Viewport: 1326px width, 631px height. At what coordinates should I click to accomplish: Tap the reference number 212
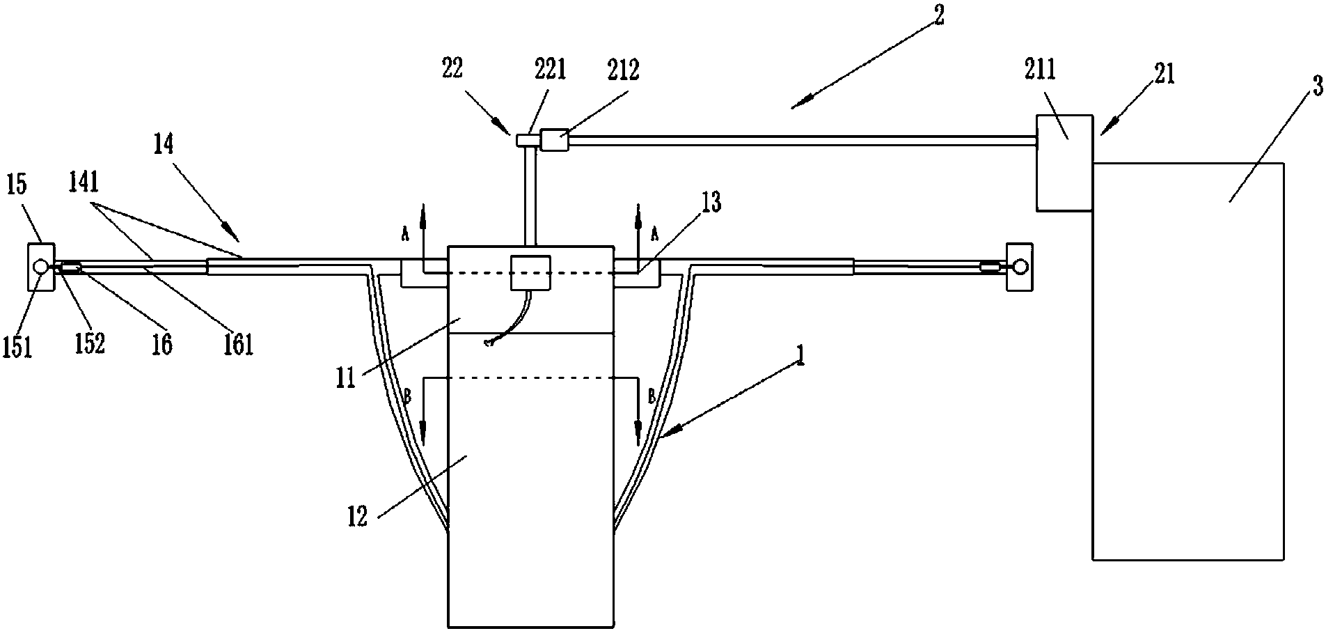(623, 70)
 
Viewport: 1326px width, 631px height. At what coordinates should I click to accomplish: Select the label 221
(550, 69)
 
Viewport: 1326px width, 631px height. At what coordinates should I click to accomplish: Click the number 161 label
(237, 344)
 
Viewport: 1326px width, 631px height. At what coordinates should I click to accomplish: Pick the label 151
(18, 346)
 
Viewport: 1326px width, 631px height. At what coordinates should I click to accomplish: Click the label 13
(711, 203)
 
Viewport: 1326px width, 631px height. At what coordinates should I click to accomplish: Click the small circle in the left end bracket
(40, 267)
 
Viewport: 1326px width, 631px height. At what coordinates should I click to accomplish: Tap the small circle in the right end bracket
(1020, 266)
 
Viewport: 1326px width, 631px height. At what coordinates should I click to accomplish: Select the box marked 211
(1064, 162)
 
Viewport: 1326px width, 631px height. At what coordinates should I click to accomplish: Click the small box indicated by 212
(555, 141)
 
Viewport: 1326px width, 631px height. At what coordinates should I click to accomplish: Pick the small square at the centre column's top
(530, 273)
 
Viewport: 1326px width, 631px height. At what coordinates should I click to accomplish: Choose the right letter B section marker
(652, 398)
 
